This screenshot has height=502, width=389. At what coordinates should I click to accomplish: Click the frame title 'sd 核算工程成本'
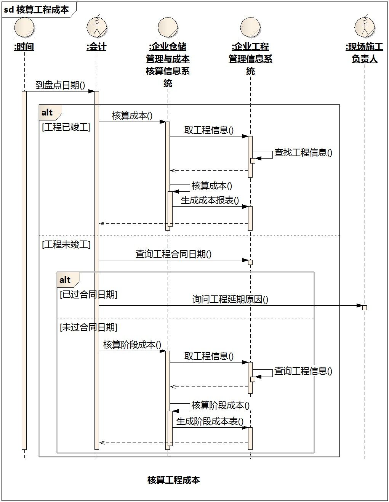click(37, 10)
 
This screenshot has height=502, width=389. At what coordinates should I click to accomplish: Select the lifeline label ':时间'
click(24, 47)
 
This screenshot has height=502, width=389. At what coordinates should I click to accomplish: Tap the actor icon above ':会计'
click(97, 27)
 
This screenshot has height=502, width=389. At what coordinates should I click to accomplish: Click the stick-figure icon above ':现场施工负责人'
click(365, 27)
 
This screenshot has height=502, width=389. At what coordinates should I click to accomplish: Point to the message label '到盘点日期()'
click(60, 85)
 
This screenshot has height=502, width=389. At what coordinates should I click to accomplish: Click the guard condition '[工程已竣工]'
click(66, 127)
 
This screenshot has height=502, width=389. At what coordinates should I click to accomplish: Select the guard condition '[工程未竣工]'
click(66, 244)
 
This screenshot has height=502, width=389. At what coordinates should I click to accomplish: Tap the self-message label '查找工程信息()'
click(303, 153)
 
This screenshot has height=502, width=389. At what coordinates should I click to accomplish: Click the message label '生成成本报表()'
click(210, 200)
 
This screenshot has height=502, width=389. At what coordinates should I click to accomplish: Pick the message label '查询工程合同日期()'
click(173, 254)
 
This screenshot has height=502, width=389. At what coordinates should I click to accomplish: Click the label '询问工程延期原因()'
click(230, 299)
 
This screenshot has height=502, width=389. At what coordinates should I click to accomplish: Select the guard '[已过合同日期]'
click(89, 294)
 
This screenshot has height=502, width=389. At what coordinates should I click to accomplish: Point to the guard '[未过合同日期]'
click(89, 327)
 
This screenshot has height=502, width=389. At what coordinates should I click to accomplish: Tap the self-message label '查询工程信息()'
click(303, 371)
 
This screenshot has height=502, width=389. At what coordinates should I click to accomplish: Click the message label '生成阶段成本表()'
click(210, 422)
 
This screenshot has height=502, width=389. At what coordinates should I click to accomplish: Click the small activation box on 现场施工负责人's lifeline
click(365, 308)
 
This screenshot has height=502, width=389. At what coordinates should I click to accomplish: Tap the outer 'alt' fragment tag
click(47, 112)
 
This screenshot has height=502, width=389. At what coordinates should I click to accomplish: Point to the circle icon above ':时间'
click(24, 28)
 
